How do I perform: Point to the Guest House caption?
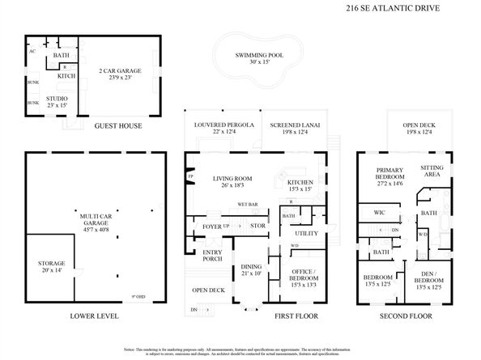pyautogui.click(x=119, y=126)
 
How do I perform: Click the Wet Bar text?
pyautogui.click(x=247, y=205)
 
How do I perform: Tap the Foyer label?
pyautogui.click(x=211, y=227)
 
